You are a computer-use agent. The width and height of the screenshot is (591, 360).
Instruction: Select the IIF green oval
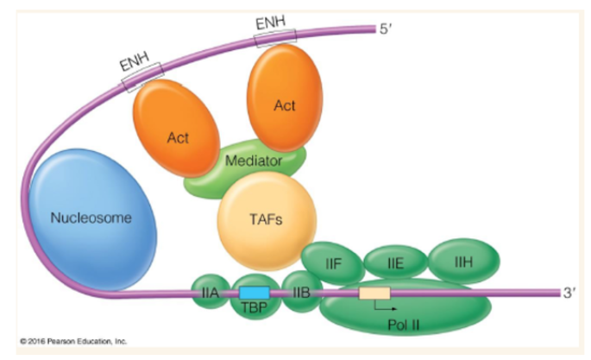click(331, 260)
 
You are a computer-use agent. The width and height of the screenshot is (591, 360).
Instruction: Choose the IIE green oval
click(395, 261)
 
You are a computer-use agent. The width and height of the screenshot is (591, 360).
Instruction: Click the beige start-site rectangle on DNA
click(374, 294)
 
